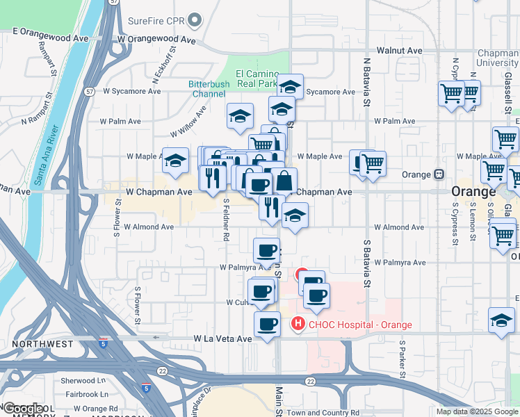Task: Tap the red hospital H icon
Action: pos(298,323)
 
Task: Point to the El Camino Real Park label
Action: pos(257,79)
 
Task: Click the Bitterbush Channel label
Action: pos(209,89)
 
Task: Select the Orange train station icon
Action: pos(439,174)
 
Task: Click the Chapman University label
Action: pos(498,58)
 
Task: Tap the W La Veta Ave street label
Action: pos(222,338)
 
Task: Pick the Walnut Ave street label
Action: pos(400,51)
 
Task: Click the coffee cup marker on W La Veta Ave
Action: pos(266,323)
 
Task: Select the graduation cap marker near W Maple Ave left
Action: pos(175,161)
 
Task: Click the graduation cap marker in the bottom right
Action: pos(501,320)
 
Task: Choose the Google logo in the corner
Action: pos(24,409)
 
